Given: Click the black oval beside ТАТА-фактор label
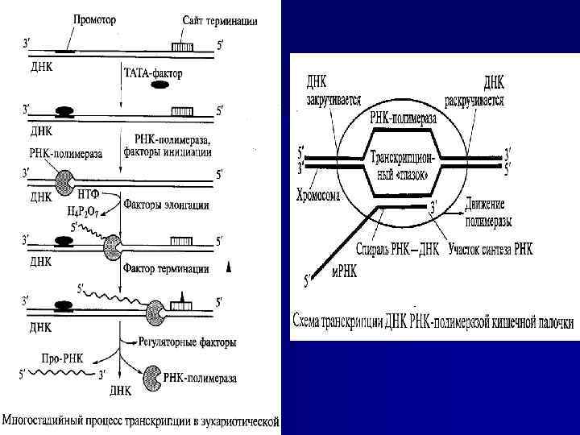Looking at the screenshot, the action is pyautogui.click(x=159, y=85).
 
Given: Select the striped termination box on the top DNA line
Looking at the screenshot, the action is pyautogui.click(x=181, y=48).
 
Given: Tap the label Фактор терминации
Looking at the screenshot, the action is pyautogui.click(x=165, y=267).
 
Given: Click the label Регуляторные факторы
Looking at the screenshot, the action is pyautogui.click(x=188, y=342).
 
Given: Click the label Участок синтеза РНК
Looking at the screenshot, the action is pyautogui.click(x=490, y=251).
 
